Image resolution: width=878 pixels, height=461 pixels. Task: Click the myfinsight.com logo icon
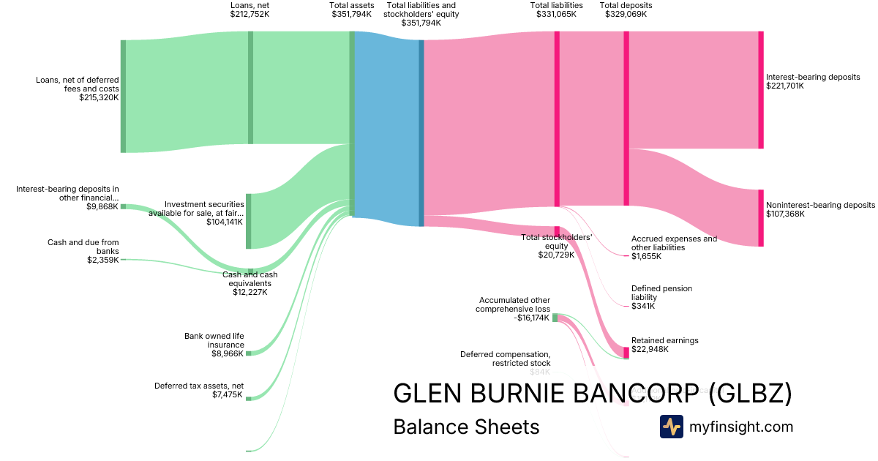pos(672,427)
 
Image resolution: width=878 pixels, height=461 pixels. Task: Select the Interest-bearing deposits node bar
pos(761,90)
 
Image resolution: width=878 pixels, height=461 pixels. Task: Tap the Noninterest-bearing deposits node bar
pos(761,218)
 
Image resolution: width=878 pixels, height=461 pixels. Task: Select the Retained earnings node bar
pos(626,353)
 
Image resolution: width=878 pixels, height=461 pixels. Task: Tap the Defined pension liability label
pos(661,293)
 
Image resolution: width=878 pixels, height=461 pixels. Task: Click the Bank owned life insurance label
pos(214,340)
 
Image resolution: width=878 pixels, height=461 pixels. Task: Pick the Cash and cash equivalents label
pos(250,279)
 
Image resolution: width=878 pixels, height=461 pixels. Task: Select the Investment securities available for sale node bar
pos(249,221)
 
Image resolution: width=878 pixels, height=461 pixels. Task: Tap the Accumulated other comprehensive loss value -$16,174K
pos(531,318)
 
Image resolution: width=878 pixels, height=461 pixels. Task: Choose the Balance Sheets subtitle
pos(466,427)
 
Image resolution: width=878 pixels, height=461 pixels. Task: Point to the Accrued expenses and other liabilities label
pos(674,243)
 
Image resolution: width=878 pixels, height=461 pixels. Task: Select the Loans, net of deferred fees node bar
pos(123,96)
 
